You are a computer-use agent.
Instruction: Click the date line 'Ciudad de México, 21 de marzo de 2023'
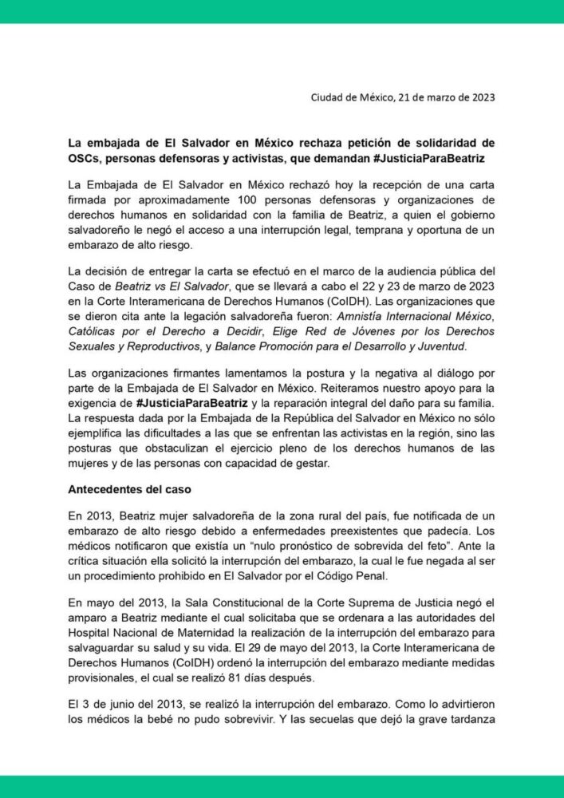pyautogui.click(x=402, y=98)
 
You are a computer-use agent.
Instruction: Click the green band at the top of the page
pyautogui.click(x=282, y=11)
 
